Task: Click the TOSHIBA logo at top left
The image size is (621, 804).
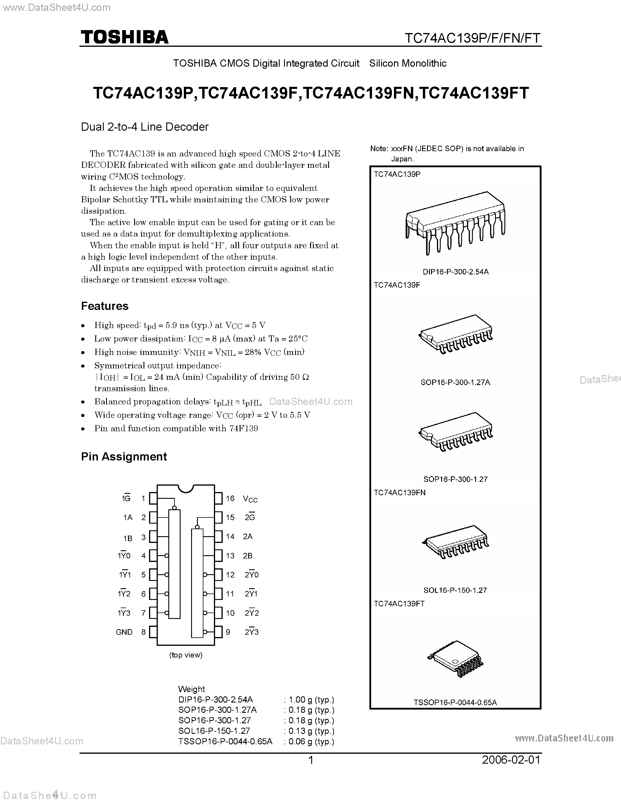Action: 124,37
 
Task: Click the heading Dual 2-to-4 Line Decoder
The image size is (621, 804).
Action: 145,127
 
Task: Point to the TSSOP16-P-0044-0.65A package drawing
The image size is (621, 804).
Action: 456,659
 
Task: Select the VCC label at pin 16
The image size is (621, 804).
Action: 250,499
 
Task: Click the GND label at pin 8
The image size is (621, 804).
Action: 124,632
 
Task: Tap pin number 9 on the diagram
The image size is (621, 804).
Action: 228,632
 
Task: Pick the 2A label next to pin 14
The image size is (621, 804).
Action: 248,536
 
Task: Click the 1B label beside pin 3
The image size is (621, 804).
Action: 128,538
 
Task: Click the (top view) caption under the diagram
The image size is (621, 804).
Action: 186,655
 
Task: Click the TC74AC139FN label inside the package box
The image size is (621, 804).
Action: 399,493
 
